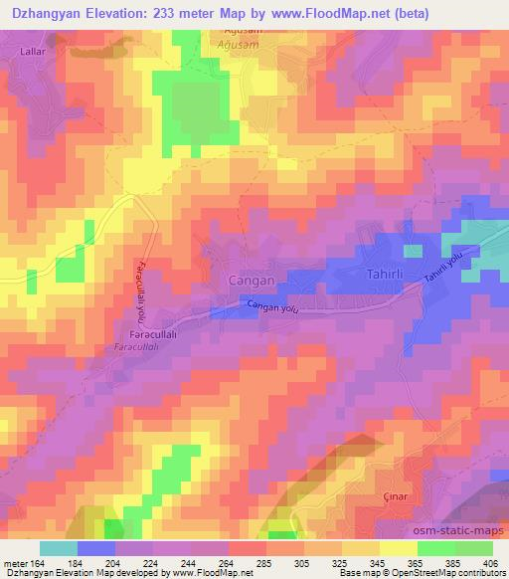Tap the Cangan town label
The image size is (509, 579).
click(x=248, y=280)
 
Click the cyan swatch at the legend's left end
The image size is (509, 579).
click(x=59, y=548)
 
